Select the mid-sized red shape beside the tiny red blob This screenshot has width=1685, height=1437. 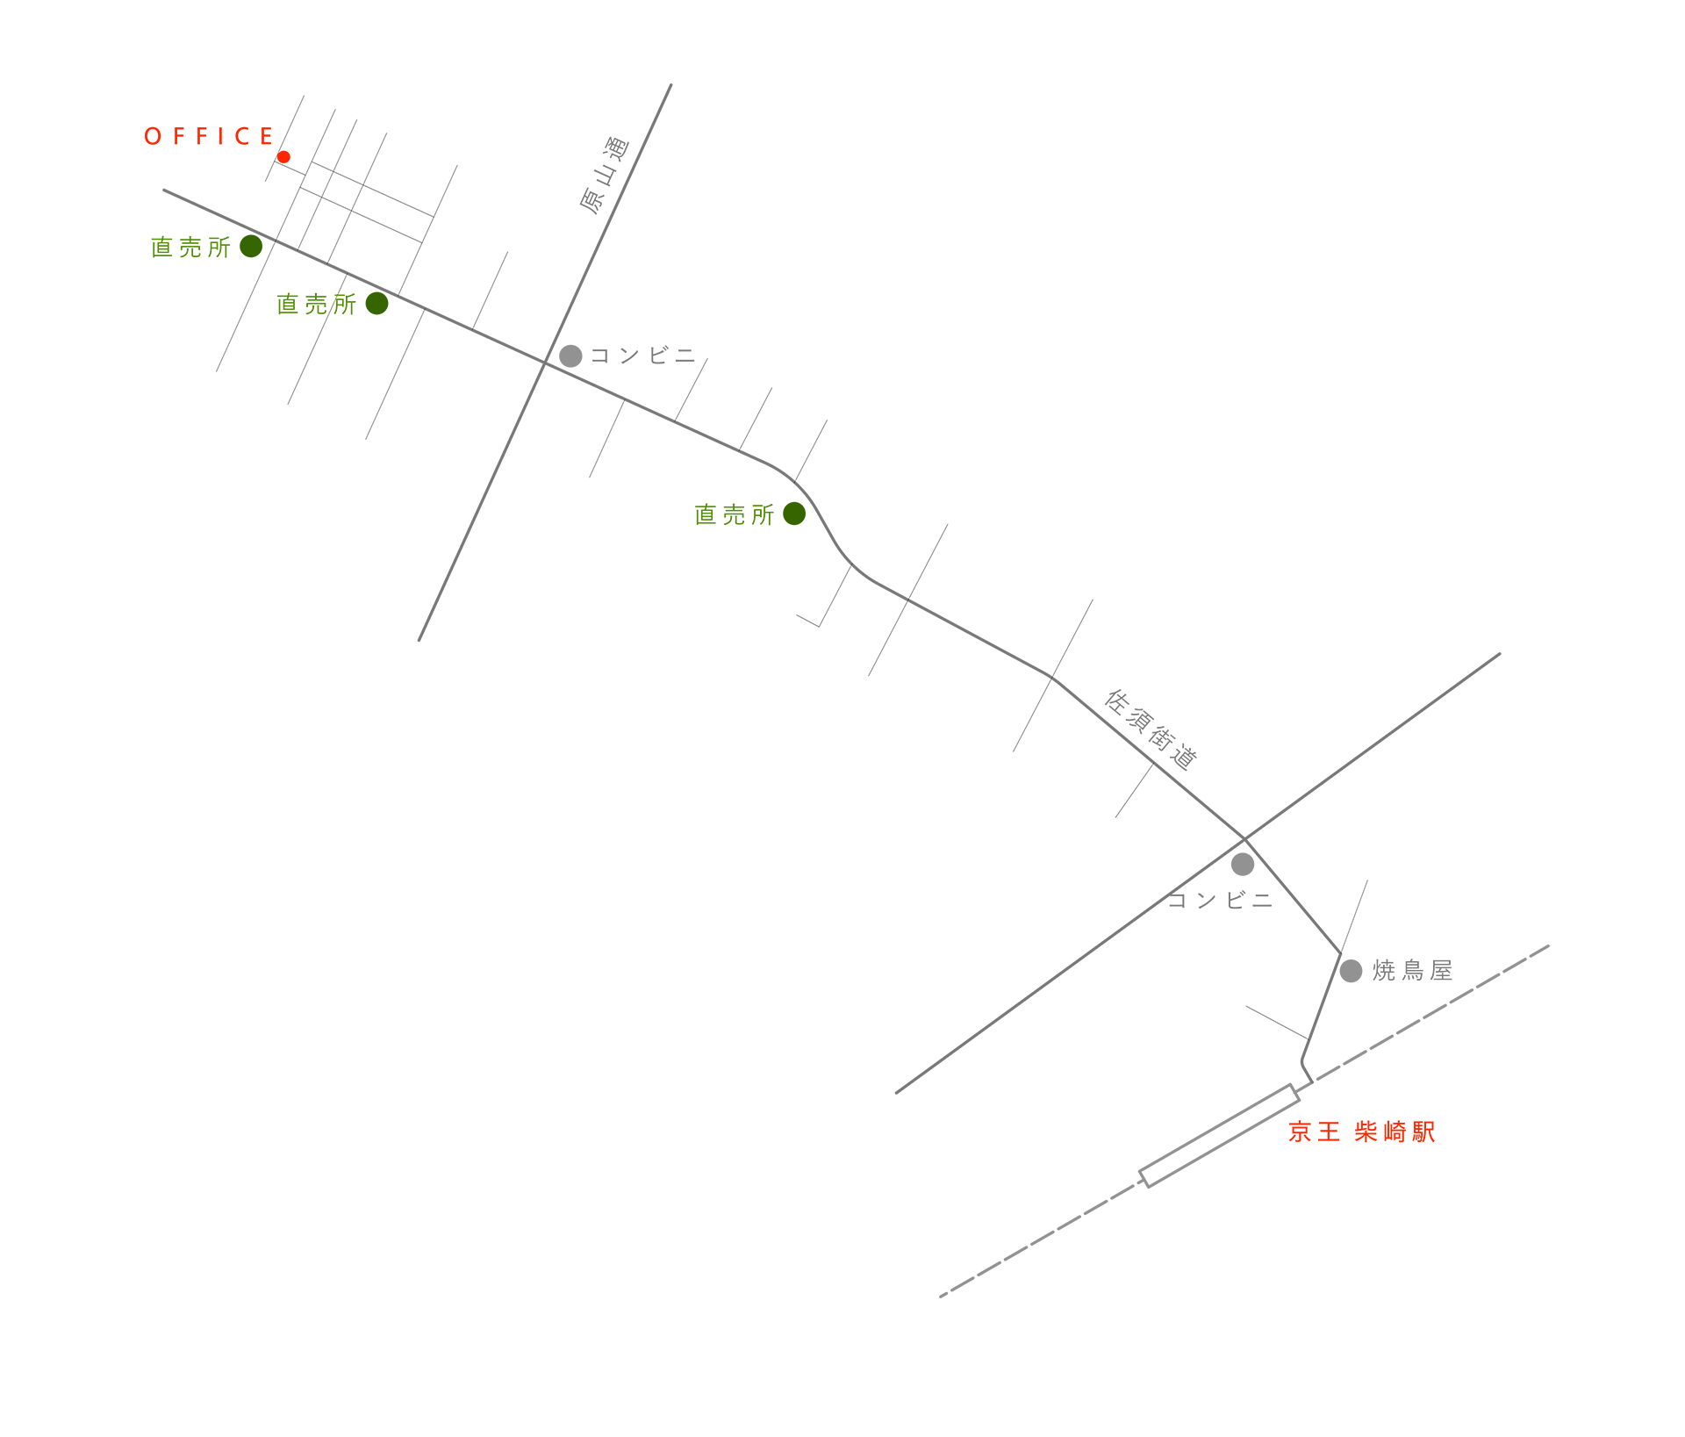206,123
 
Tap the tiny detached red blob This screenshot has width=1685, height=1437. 290,155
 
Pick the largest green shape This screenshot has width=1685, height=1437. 702,540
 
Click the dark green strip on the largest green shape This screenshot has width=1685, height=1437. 792,531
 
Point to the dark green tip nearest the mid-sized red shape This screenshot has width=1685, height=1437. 251,252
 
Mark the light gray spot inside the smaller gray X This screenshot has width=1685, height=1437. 572,351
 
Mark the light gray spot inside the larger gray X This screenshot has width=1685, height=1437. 1241,867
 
